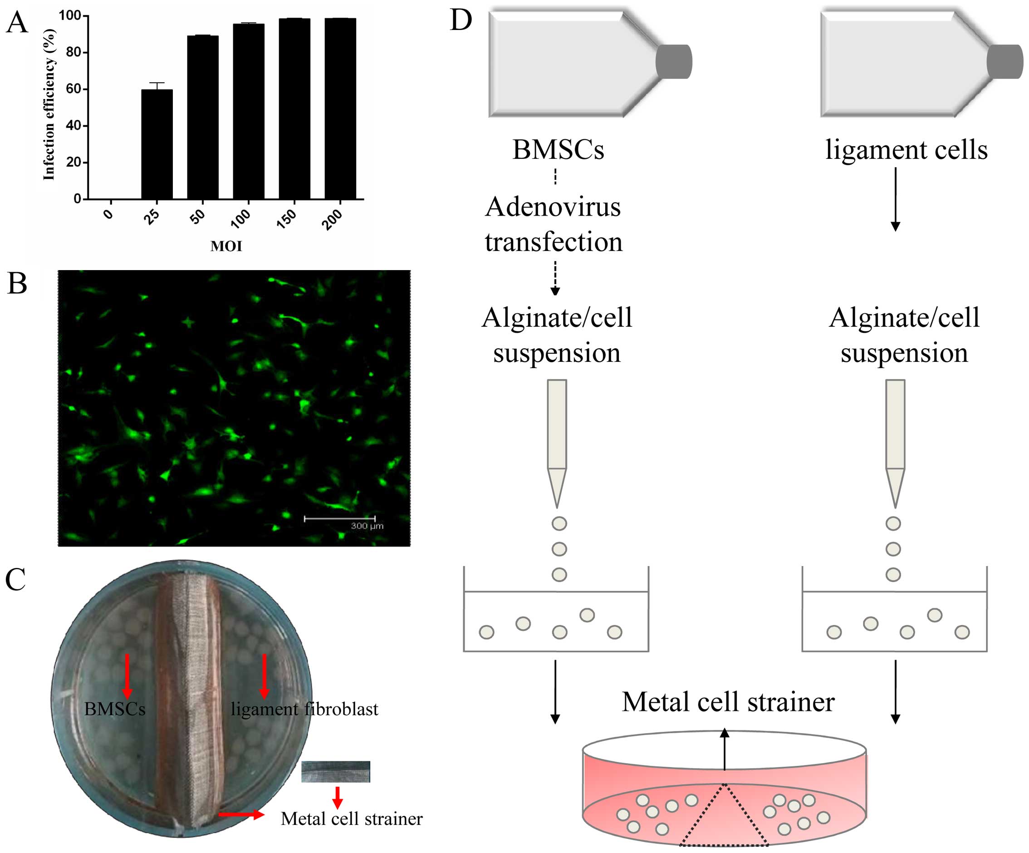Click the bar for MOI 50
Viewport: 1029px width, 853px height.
coord(203,117)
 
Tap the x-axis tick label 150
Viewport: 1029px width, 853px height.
coord(287,218)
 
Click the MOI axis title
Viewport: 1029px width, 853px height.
coord(226,246)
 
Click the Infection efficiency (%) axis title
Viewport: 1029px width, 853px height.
coord(49,104)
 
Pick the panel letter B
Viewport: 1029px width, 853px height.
coord(17,283)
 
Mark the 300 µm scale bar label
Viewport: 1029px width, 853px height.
coord(367,526)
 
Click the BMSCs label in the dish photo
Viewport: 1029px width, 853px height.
coord(115,709)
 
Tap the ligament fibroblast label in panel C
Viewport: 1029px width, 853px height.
coord(304,709)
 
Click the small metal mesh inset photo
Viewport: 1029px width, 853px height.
coord(336,772)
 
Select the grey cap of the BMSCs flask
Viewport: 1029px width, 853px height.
coord(674,62)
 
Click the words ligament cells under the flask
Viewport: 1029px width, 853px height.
coord(906,149)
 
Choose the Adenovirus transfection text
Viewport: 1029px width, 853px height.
coord(554,224)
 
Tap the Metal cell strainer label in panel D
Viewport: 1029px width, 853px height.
coord(728,702)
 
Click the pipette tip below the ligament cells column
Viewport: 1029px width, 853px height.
coord(895,487)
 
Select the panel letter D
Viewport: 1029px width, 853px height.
coord(461,20)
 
